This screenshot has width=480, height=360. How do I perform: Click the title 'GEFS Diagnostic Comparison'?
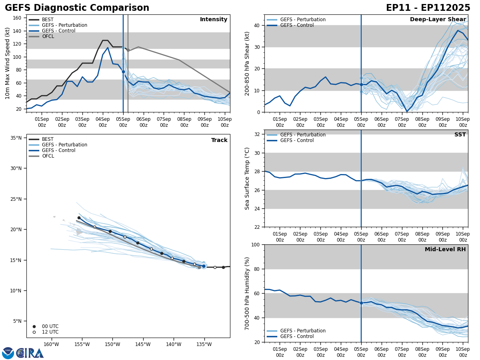coord(77,8)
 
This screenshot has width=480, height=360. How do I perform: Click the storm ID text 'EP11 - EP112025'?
coord(428,8)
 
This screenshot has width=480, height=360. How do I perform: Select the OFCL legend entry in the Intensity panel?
coord(48,36)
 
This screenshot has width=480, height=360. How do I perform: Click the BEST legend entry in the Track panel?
coord(48,139)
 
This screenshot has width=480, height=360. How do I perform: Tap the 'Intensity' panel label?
coord(214,20)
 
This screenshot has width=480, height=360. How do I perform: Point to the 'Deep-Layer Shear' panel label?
coord(438,20)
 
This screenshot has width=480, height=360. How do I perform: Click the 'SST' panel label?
coord(460,135)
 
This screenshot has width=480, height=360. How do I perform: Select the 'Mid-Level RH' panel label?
coord(445,250)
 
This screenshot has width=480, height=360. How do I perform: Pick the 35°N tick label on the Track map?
coord(16,138)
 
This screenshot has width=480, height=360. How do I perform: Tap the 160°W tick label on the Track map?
coord(51,344)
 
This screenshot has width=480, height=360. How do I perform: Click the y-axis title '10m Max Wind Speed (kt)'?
coord(8,63)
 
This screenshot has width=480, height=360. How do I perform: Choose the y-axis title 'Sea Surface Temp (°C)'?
coord(247,178)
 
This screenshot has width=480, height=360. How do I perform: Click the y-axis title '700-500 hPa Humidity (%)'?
coord(247,293)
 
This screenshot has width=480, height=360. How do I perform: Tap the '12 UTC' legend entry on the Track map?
coord(50,332)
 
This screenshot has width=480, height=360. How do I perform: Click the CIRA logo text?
coord(30,353)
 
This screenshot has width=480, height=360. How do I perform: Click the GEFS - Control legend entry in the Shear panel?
coord(297,25)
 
